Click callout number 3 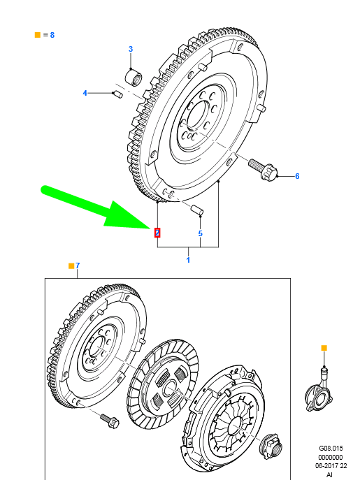tap(130, 48)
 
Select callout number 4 tap(85, 93)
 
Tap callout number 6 tap(296, 176)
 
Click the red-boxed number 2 tap(157, 232)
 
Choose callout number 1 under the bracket tap(187, 260)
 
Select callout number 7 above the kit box tap(78, 266)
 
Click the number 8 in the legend tap(52, 34)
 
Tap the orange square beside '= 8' tap(37, 34)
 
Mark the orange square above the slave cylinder tap(323, 347)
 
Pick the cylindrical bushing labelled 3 tap(133, 75)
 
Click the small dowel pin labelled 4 tap(117, 93)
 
